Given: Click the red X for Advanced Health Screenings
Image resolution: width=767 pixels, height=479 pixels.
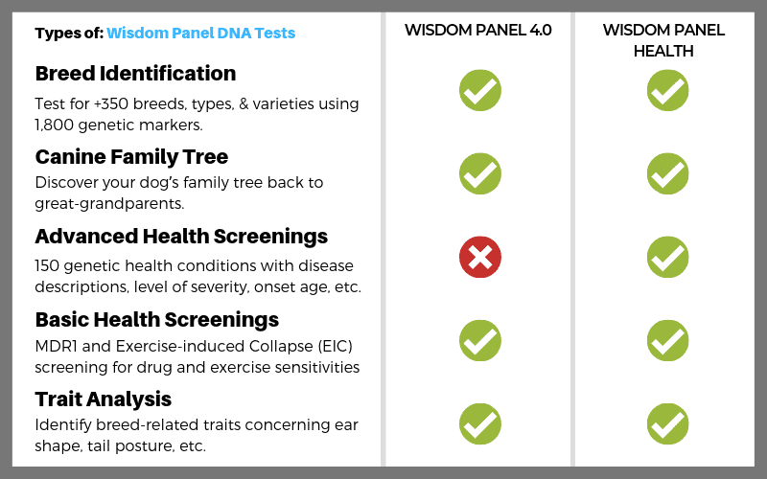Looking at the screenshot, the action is tap(480, 257).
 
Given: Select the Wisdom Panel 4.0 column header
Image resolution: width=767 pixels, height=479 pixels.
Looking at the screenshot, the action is tap(477, 31).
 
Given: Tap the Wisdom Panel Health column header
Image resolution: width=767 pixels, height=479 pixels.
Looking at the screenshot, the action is tap(663, 40).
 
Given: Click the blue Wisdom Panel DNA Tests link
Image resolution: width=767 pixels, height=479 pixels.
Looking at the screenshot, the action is tap(201, 34).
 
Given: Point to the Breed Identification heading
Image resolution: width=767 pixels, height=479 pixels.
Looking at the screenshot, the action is tap(135, 74).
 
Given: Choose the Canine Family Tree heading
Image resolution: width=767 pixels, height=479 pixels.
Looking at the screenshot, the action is tap(131, 157).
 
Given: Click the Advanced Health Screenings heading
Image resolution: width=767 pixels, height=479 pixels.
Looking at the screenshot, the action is tap(181, 237).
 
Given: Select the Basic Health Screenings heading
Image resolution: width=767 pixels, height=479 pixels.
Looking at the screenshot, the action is tap(157, 320).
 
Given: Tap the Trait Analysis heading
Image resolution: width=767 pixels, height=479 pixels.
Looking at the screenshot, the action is tap(104, 399).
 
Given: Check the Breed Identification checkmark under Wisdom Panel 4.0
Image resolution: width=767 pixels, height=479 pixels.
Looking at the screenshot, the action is tap(480, 90).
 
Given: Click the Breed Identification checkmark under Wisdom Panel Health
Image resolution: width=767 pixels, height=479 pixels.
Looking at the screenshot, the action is tap(667, 90).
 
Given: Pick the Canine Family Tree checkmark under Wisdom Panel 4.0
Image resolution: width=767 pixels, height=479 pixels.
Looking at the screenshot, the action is tap(480, 173).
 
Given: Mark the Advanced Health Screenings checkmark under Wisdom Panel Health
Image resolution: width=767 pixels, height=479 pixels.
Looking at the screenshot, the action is tap(667, 257).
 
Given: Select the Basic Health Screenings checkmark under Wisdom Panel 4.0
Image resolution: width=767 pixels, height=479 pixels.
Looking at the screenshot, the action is tap(480, 341).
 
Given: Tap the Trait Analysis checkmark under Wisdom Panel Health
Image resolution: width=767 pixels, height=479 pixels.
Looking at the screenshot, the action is tap(667, 423).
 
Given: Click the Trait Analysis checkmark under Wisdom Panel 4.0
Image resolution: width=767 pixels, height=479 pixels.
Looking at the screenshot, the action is tap(480, 423).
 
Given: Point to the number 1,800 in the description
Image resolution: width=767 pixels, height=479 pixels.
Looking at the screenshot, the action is tap(54, 125).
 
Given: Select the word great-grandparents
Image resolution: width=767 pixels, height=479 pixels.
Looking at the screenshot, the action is tap(109, 204).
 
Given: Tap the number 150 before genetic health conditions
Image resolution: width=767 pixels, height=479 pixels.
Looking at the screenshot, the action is tap(46, 266).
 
